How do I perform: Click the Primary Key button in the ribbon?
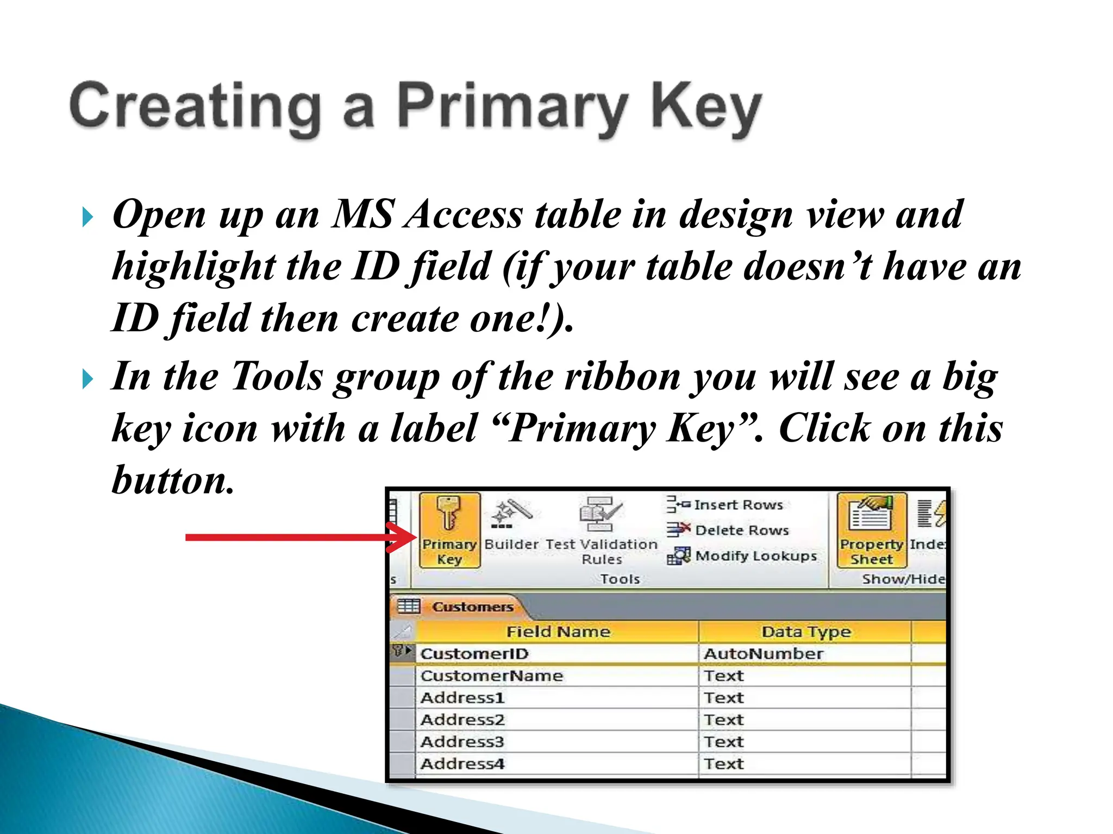tap(449, 530)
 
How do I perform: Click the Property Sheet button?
tap(871, 530)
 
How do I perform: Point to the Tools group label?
tap(620, 579)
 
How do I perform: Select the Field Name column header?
tap(558, 632)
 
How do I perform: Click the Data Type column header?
tap(805, 632)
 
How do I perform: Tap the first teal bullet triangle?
tap(87, 218)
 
